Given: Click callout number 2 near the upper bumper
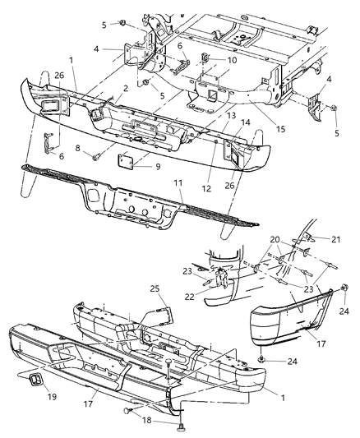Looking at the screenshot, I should [125, 88].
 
